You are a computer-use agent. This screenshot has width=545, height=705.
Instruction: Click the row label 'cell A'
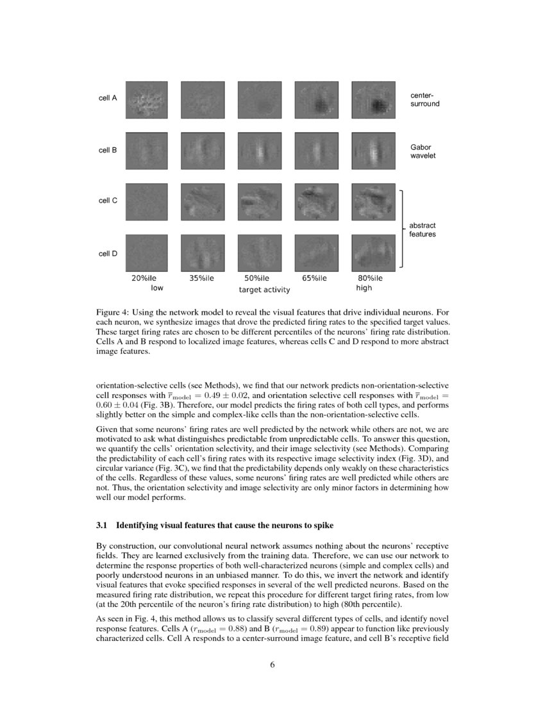[107, 99]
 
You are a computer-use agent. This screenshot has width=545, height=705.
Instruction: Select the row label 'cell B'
[107, 150]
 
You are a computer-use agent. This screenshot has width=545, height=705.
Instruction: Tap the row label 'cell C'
[107, 201]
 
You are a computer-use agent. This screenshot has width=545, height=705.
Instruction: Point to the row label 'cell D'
[107, 253]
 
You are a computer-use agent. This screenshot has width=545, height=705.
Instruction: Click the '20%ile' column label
[144, 278]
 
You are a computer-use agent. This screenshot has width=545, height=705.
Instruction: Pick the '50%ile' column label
[256, 278]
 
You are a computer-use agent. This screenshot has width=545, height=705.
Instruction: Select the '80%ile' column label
[369, 278]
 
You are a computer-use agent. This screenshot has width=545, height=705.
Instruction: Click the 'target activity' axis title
[264, 290]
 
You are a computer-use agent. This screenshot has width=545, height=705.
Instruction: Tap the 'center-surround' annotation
[424, 99]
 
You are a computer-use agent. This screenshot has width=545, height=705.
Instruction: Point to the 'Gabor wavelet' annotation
[423, 151]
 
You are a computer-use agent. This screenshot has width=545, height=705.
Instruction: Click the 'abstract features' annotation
[423, 230]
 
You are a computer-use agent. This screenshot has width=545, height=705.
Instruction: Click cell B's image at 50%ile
[258, 151]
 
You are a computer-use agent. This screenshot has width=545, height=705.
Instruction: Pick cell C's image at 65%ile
[315, 202]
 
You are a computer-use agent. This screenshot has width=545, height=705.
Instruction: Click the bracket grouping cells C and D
[403, 228]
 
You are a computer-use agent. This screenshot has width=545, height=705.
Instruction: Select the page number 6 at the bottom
[272, 664]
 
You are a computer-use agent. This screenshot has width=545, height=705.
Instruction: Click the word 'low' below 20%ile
[156, 288]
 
